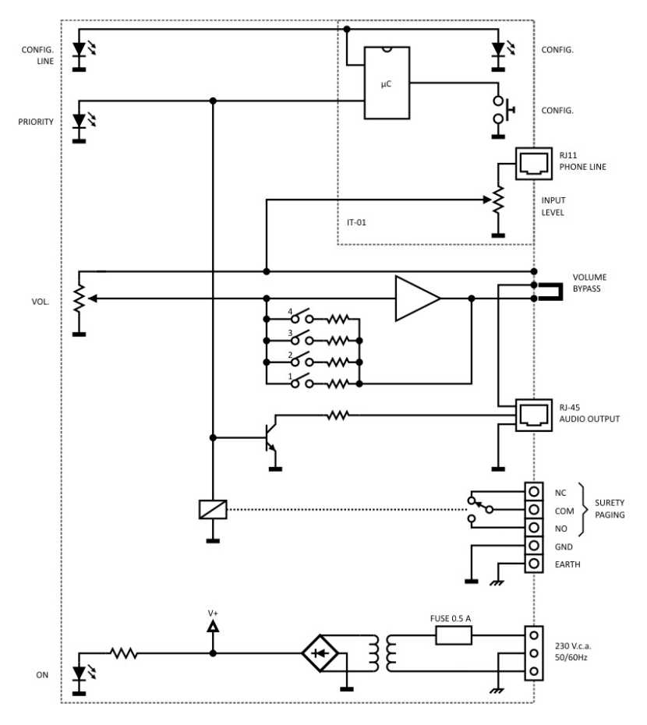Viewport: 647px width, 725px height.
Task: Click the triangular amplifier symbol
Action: click(417, 299)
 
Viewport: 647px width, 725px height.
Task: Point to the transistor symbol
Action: click(270, 437)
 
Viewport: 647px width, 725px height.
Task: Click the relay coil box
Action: click(213, 509)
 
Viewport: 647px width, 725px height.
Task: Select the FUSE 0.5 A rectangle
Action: click(454, 635)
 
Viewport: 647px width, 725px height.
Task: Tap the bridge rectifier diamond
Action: click(320, 653)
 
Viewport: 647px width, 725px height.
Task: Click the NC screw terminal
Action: click(534, 491)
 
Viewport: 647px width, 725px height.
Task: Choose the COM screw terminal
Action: click(534, 509)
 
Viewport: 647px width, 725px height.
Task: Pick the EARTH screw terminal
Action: click(534, 564)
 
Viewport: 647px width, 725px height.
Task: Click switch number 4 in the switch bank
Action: click(302, 317)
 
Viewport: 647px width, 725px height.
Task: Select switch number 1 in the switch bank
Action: click(302, 381)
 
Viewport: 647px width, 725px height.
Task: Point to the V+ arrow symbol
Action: click(213, 627)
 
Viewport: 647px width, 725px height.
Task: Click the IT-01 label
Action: click(356, 222)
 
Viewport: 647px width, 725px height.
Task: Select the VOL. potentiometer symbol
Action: click(80, 299)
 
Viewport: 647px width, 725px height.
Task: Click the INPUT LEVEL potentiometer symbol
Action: click(497, 200)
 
